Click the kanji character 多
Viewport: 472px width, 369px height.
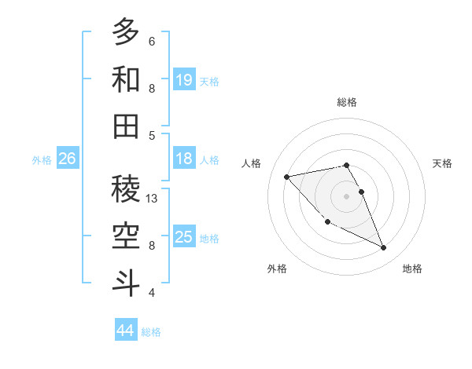pos(126,32)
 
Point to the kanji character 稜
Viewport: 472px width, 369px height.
pos(126,188)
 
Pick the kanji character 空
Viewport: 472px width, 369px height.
pos(126,235)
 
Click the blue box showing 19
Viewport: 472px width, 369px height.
pos(184,79)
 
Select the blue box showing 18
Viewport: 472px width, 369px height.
pos(184,159)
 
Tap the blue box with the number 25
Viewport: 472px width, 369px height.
pos(184,237)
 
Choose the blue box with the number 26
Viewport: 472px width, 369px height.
pos(67,159)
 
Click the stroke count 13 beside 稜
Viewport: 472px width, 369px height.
pos(153,199)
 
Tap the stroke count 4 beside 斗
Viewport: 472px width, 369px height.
pos(152,293)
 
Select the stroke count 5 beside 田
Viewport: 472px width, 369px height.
pos(152,135)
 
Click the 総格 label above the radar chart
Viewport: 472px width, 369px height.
pos(346,102)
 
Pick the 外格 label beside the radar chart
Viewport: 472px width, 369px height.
pos(277,269)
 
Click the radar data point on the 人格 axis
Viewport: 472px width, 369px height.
pos(286,176)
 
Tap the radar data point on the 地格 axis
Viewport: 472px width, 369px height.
pos(384,248)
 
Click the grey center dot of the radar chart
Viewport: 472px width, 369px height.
pos(346,195)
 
